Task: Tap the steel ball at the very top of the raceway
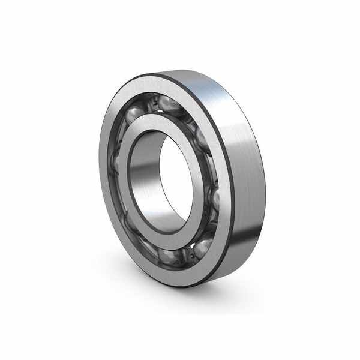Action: click(169, 103)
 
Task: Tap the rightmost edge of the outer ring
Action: click(265, 180)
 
